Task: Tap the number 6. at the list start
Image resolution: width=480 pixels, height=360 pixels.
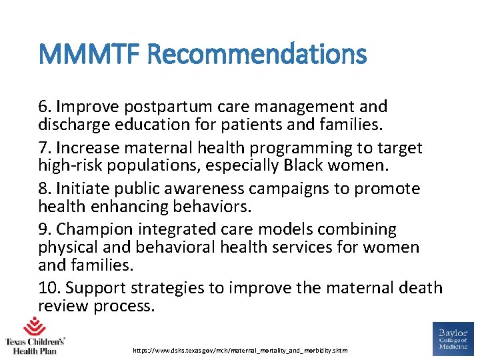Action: (x=45, y=107)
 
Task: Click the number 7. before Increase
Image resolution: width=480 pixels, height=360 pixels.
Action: (x=45, y=148)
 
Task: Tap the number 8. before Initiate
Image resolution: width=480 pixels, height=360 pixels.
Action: (x=45, y=189)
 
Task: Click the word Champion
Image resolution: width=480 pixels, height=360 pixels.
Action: (x=93, y=230)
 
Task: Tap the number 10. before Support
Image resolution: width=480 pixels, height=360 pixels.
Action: (x=49, y=288)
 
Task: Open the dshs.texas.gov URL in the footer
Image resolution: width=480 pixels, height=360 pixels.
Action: (x=240, y=350)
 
